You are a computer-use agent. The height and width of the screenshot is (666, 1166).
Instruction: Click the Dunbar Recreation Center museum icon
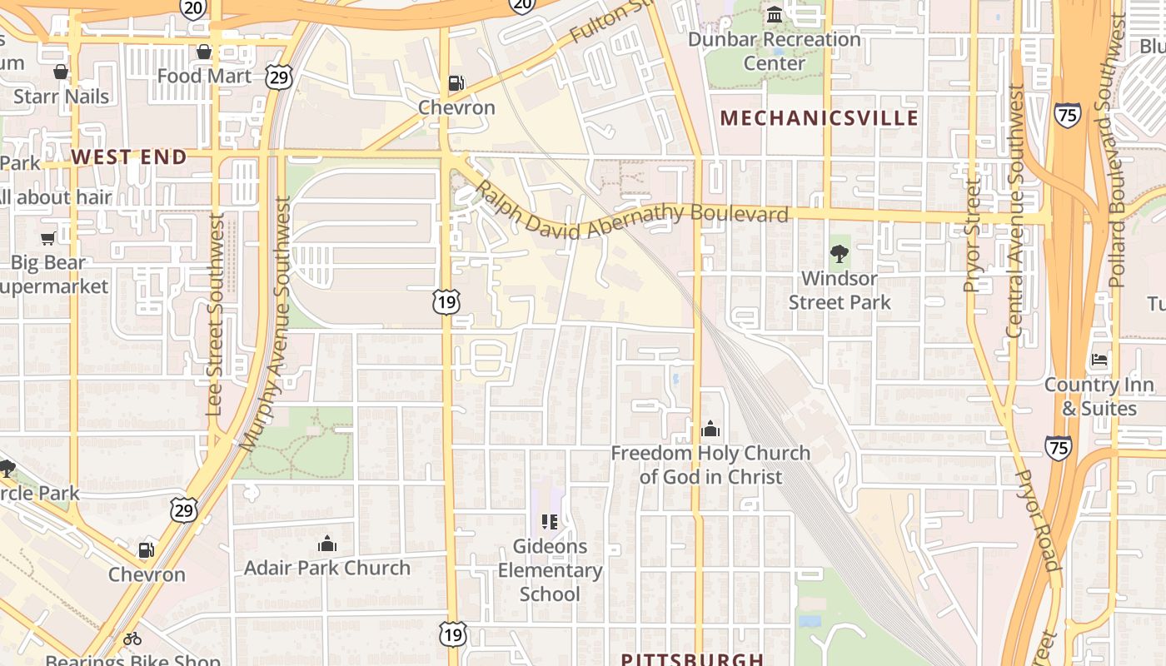click(775, 15)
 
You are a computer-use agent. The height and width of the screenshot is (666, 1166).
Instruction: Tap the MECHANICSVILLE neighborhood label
click(820, 118)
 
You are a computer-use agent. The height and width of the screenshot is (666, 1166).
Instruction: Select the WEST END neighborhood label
click(128, 157)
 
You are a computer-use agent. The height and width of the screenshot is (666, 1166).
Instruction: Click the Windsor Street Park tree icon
click(840, 253)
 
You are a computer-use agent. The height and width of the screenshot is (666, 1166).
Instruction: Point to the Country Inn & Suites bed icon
click(1099, 360)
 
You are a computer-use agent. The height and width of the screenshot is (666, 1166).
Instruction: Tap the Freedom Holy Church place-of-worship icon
click(710, 429)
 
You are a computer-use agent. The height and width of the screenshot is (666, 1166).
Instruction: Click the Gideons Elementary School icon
click(549, 522)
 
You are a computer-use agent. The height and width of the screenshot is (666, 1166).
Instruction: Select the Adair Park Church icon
click(327, 544)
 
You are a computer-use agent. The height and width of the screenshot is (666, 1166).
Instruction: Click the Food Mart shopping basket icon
click(204, 52)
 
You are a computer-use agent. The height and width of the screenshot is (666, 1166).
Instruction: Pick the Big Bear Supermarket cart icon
click(48, 238)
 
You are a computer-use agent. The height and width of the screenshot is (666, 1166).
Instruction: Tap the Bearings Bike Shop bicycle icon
click(132, 639)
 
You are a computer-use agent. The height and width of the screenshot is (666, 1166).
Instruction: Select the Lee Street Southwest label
click(215, 315)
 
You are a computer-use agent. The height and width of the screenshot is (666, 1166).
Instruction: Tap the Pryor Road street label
click(1038, 519)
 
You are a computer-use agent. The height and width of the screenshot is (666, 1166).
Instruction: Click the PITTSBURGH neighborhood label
click(692, 659)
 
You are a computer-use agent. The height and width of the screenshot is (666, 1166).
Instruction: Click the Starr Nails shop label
click(61, 97)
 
